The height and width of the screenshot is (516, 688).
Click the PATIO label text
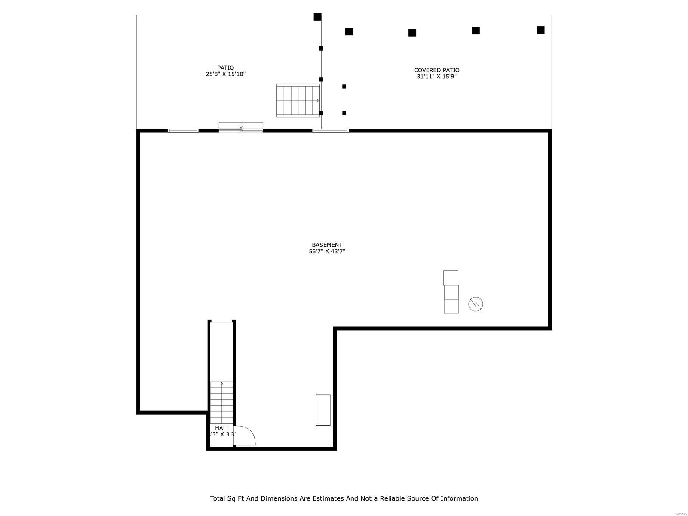[225, 68]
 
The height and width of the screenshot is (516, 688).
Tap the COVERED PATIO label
[436, 70]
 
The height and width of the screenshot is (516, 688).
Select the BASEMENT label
[327, 245]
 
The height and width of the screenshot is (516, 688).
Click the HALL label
[222, 428]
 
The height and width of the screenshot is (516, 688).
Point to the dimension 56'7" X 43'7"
[327, 252]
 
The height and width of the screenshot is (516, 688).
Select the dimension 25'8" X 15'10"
[225, 74]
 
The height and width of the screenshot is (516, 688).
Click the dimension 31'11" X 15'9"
[436, 77]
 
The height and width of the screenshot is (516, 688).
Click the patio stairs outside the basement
[298, 101]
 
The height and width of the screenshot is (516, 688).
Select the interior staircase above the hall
[222, 402]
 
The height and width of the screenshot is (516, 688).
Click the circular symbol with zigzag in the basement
[476, 304]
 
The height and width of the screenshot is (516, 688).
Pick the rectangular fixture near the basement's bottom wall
[323, 410]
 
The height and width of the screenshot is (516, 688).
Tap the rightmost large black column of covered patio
[541, 30]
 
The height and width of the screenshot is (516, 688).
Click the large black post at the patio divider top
[317, 17]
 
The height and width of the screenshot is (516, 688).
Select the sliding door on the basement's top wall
[241, 127]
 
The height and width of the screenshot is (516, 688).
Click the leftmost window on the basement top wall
[183, 131]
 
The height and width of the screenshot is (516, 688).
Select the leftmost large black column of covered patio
[349, 31]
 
